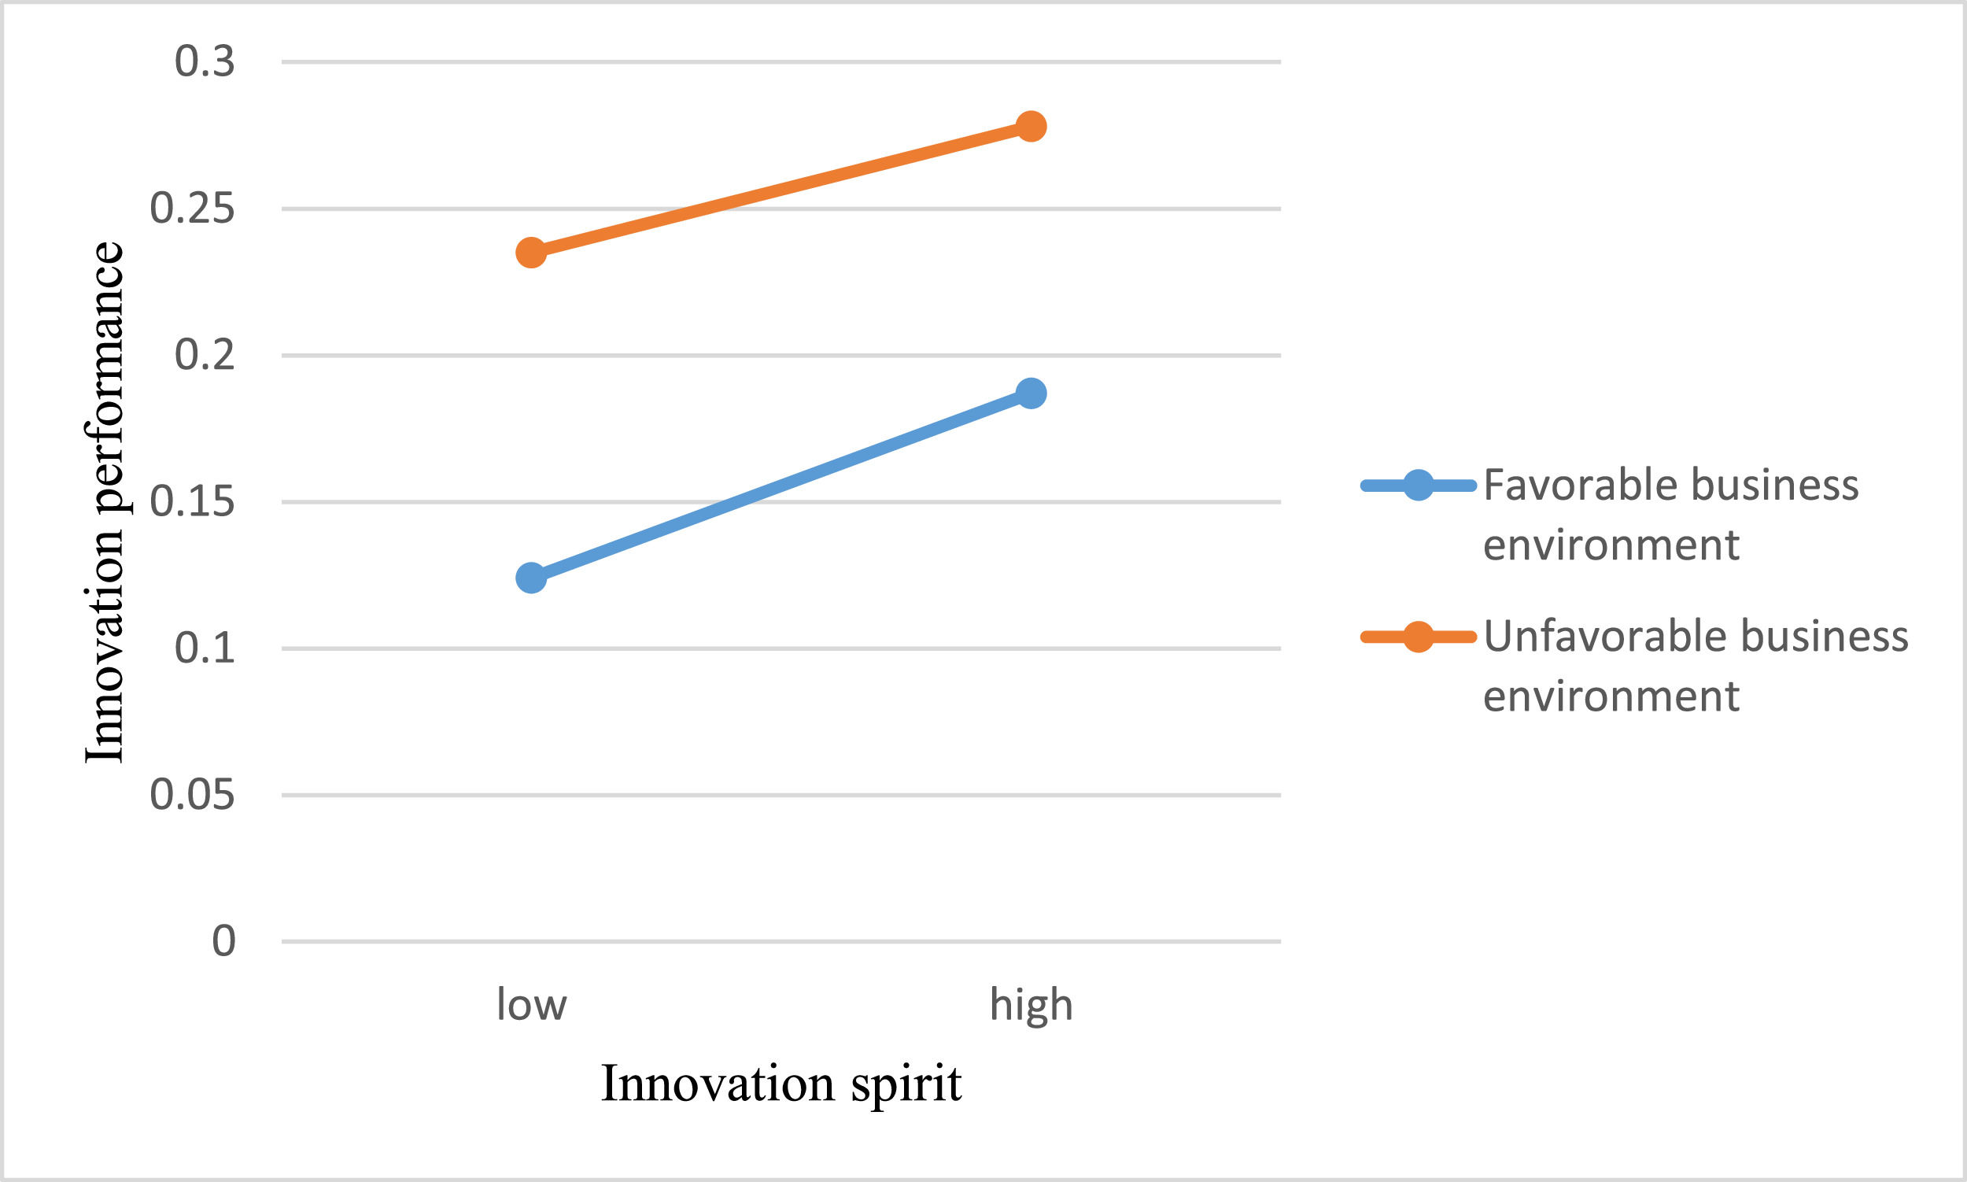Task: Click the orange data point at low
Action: [531, 253]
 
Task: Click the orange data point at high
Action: [1031, 126]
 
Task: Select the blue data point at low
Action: [531, 578]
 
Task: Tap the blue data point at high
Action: [1031, 393]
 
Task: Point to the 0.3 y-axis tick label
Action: [205, 62]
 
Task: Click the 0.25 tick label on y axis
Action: [192, 209]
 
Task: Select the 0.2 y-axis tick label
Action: [205, 355]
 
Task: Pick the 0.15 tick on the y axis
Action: [192, 502]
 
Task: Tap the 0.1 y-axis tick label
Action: [205, 648]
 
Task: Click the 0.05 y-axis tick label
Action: [192, 795]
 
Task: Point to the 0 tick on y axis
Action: [223, 941]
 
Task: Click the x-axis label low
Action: [531, 1005]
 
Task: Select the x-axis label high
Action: [1031, 1005]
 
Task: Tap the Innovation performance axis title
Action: [105, 502]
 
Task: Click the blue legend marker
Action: [1419, 485]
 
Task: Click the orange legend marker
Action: [1419, 636]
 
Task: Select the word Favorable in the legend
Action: [1580, 485]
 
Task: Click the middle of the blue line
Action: [781, 485]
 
